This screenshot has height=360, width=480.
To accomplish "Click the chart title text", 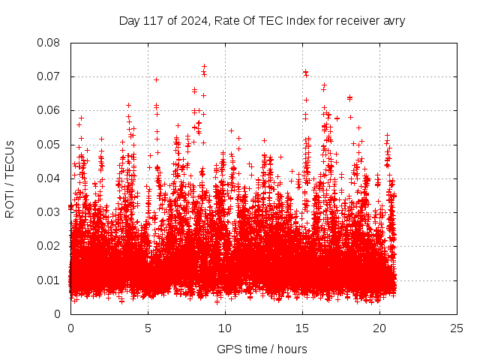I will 262,20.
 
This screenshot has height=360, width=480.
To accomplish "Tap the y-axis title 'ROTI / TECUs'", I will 10,178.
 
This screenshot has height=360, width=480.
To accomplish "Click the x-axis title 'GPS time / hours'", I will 262,349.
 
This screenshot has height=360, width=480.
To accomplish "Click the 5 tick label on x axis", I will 148,328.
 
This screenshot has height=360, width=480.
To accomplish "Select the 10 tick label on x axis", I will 225,328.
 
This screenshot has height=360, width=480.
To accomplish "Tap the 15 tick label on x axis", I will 302,328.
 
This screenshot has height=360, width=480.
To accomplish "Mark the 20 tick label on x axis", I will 379,328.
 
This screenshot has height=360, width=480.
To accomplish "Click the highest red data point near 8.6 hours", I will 204,66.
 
